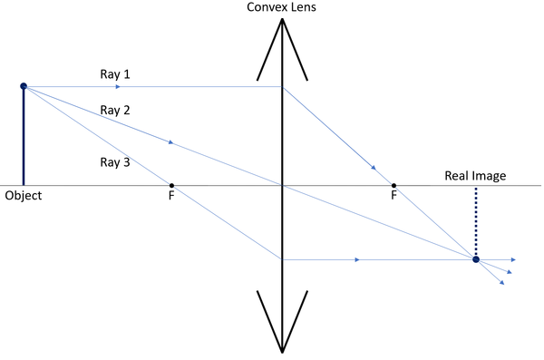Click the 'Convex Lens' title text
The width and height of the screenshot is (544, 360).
[282, 8]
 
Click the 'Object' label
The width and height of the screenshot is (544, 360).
[23, 195]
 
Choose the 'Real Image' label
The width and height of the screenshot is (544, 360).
[475, 176]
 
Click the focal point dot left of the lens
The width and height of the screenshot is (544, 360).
[171, 185]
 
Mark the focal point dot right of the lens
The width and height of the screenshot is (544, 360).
[393, 185]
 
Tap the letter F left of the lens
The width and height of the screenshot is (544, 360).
[171, 197]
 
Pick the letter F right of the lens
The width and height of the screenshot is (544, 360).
[393, 197]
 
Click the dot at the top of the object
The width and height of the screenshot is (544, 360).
[24, 86]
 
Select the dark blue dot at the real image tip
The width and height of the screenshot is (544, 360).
[476, 259]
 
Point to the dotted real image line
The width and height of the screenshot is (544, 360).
[476, 222]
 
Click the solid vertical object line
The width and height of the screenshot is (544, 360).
[24, 136]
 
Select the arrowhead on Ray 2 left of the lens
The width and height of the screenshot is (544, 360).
[170, 142]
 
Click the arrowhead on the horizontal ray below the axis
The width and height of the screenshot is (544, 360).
[357, 259]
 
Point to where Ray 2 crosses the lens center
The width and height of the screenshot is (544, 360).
[283, 185]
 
